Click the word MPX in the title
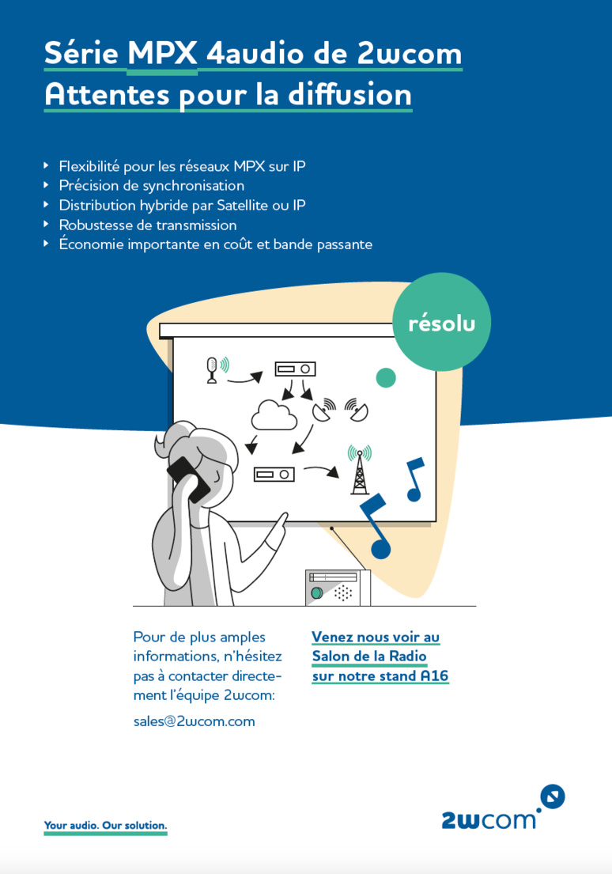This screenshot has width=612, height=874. tap(162, 53)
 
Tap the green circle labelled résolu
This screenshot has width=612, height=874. tap(441, 323)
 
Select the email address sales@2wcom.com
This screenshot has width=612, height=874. tap(194, 721)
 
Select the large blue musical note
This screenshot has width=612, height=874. tap(375, 527)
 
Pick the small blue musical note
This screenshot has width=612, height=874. tap(414, 479)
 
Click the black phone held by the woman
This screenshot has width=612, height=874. tap(188, 479)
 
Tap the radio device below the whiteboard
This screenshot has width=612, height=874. tap(338, 588)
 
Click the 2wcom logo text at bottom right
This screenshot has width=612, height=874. tap(488, 819)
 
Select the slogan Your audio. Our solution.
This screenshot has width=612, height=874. tap(105, 825)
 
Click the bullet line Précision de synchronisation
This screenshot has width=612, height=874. tap(151, 186)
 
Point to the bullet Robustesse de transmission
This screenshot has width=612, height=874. tap(147, 225)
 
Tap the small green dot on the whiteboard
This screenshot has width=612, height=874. tap(385, 378)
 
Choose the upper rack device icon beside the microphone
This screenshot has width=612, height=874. tap(295, 369)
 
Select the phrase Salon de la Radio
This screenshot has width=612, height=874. tap(369, 656)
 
